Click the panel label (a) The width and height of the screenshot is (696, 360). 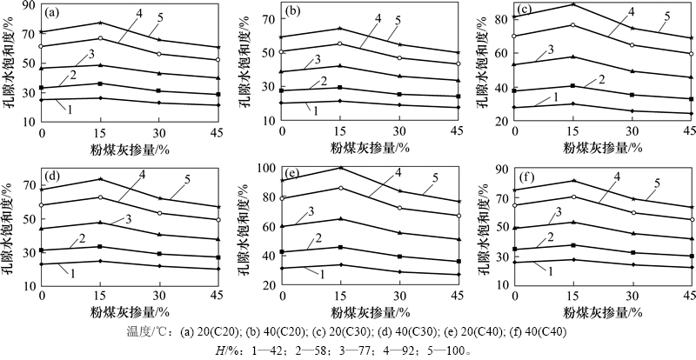coord(51,13)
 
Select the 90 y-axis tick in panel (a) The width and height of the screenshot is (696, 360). coord(30,5)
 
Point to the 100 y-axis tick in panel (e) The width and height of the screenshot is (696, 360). coord(267,168)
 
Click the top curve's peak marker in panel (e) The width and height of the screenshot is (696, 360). coord(340,168)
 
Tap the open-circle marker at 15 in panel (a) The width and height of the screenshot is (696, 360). coord(100,38)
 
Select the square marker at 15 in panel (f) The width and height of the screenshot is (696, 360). coord(573,244)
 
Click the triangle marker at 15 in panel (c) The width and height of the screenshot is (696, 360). coord(572,57)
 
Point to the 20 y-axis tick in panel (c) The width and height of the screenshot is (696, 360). coord(504,120)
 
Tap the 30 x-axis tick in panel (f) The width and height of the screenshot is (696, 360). coord(632,296)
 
